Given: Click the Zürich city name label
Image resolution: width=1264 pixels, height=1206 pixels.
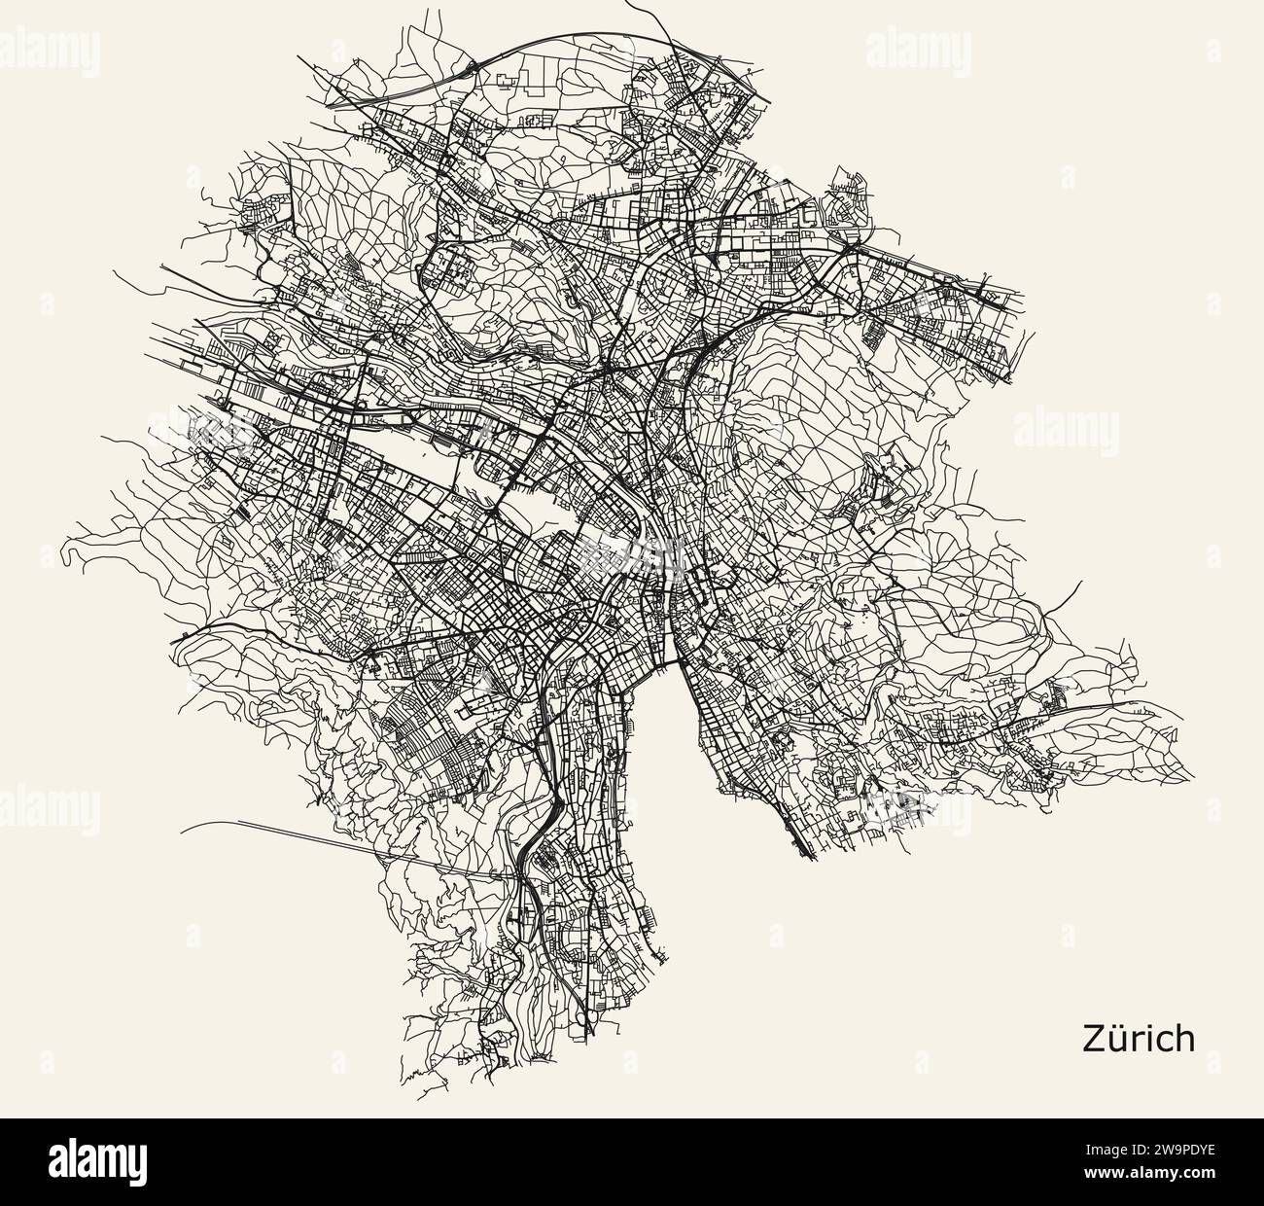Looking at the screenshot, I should click(x=1138, y=1038).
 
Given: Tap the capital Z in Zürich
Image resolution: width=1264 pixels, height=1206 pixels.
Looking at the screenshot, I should click(x=1093, y=1038).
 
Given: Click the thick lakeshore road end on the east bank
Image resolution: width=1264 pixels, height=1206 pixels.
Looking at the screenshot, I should click(x=809, y=856).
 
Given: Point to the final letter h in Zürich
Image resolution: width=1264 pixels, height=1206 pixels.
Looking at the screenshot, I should click(x=1183, y=1038).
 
